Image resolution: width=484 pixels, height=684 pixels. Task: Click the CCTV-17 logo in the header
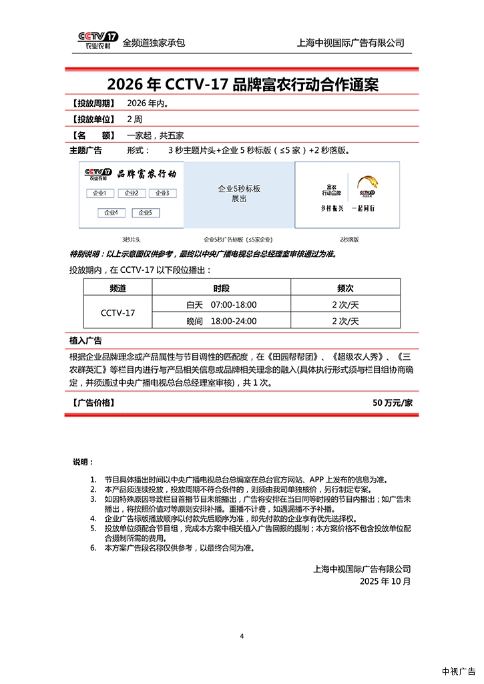97,41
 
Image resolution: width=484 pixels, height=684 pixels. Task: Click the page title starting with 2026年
242,85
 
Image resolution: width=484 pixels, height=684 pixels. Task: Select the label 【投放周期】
91,103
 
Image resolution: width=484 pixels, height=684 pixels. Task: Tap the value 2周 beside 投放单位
134,119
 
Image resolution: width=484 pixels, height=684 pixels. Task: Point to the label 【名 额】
91,135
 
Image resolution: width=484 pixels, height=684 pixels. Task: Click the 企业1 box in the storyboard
99,194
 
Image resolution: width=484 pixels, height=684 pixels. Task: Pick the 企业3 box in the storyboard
162,194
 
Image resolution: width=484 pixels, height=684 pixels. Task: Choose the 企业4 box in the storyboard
111,213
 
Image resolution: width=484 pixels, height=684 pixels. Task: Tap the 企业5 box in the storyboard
145,213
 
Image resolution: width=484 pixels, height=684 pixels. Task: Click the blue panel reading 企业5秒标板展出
239,194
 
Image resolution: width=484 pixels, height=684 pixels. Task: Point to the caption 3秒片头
132,239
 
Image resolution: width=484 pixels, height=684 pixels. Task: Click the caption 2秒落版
349,239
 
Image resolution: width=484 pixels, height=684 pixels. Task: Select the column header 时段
222,288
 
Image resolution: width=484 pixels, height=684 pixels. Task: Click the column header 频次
345,288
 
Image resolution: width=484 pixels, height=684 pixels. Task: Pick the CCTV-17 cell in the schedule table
117,313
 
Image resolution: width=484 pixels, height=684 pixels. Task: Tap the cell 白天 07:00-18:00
222,305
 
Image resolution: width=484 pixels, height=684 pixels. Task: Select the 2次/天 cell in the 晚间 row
345,321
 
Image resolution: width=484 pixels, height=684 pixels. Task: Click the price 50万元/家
393,403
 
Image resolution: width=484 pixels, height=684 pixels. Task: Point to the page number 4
242,636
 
